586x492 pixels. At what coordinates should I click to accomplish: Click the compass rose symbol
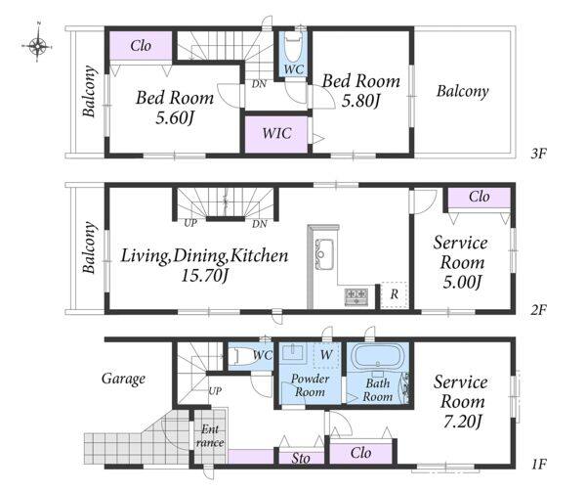pos(37,46)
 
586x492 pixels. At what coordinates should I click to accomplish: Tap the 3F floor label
pos(538,154)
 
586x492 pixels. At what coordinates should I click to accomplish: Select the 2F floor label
pos(538,310)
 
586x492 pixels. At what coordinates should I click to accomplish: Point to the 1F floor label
pos(538,465)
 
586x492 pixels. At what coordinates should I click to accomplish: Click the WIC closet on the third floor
pos(276,134)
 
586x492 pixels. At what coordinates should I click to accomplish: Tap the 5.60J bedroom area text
pos(175,118)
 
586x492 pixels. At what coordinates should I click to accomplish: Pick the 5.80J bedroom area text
pos(360,101)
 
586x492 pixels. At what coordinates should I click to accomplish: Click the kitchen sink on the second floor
pos(324,254)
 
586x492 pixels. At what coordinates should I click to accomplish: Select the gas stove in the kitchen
pos(356,296)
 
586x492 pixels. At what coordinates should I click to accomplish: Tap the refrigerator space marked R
pos(395,294)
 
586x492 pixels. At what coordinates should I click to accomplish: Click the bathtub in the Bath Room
pos(378,357)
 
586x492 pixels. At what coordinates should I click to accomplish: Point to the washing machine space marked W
pos(326,354)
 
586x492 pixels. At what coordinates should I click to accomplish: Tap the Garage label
pos(123,379)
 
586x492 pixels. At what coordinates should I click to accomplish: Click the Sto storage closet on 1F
pos(301,458)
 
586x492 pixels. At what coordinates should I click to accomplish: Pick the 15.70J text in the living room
pos(204,276)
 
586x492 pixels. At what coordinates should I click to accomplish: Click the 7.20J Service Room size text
pos(462,422)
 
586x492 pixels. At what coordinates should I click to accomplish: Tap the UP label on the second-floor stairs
pos(190,223)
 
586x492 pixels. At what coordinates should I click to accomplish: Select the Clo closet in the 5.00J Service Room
pos(480,197)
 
